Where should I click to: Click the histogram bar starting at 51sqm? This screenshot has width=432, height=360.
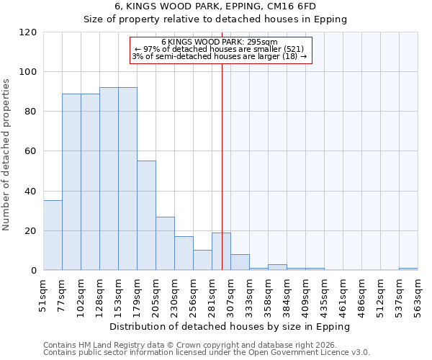(53, 235)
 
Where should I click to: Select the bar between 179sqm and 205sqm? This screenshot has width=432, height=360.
(146, 215)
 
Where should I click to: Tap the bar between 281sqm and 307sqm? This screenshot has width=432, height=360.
(221, 251)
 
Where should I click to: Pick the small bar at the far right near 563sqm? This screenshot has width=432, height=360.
(408, 269)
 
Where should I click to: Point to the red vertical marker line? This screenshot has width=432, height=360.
(222, 166)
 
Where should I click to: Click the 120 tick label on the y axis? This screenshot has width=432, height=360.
(28, 32)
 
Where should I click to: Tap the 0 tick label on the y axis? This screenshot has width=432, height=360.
(34, 271)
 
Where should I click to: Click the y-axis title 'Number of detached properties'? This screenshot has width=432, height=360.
(7, 155)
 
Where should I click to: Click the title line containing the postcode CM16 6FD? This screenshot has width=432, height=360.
(215, 6)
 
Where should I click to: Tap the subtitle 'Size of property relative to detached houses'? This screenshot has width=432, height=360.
(215, 19)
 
